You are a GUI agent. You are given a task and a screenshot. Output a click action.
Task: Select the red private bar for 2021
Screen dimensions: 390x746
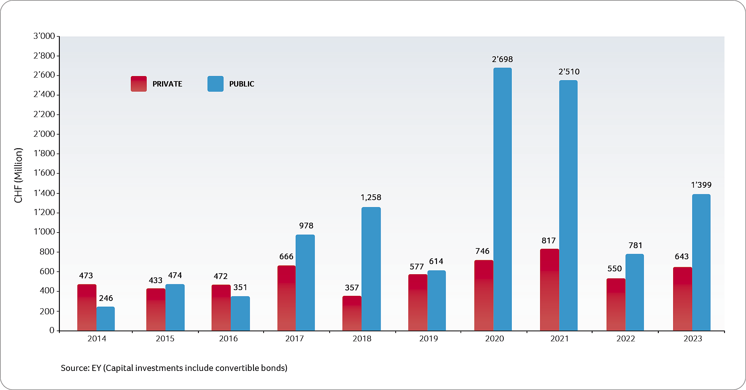549,289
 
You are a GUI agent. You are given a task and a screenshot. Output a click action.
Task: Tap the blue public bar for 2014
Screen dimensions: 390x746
106,318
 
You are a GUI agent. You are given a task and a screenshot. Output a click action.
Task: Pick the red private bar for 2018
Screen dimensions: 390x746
352,313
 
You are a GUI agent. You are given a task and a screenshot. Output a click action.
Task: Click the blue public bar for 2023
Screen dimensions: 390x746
701,262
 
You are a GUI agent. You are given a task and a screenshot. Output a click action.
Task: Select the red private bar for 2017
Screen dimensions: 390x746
286,298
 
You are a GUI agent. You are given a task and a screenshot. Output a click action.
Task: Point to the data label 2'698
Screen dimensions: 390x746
502,59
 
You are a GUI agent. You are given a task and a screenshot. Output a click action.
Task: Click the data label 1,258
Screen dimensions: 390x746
371,198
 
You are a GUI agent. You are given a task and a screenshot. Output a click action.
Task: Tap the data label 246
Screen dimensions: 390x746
106,298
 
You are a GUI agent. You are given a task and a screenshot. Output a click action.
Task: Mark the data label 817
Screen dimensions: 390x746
548,241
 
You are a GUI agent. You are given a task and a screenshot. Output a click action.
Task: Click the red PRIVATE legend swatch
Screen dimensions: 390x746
139,84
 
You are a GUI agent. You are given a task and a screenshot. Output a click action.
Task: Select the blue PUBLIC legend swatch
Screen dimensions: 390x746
215,84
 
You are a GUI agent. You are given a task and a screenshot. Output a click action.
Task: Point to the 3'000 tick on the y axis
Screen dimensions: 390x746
44,36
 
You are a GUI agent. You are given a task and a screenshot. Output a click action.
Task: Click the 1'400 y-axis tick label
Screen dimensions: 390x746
44,193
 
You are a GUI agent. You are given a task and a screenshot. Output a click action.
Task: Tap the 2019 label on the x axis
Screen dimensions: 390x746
428,339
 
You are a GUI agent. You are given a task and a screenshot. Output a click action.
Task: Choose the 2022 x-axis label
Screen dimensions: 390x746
625,339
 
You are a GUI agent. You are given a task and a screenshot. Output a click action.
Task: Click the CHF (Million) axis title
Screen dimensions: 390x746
18,175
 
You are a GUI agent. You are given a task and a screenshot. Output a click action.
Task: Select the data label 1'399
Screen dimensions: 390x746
701,185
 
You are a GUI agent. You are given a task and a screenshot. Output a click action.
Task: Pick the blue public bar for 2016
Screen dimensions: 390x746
240,313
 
